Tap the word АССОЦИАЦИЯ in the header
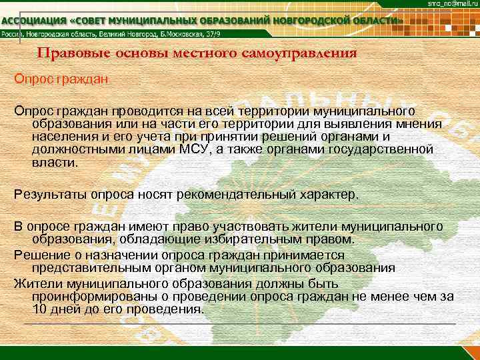[36, 21]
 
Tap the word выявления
[353, 123]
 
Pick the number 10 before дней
[39, 309]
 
